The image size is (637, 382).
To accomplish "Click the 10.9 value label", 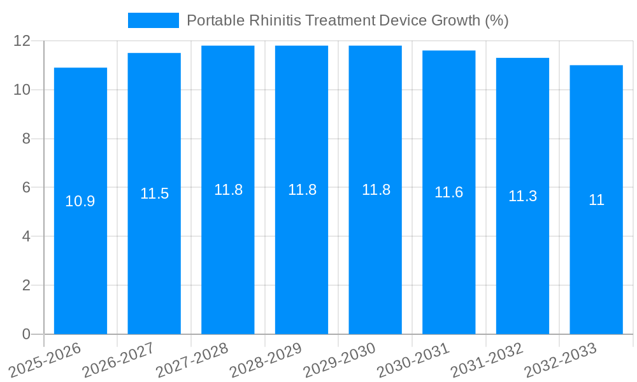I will click(80, 201).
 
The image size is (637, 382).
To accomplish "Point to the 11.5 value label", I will click(154, 194).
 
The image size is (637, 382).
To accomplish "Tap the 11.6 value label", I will click(448, 192).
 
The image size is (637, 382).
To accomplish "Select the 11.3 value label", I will click(522, 196).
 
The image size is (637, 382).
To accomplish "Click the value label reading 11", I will click(596, 200).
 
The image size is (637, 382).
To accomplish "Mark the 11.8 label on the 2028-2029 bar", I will click(302, 190).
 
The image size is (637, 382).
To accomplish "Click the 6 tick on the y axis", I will click(26, 188).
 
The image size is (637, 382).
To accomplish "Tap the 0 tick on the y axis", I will click(26, 334).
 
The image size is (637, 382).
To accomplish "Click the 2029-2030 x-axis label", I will click(340, 360).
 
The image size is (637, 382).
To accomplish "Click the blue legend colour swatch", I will click(154, 20).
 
